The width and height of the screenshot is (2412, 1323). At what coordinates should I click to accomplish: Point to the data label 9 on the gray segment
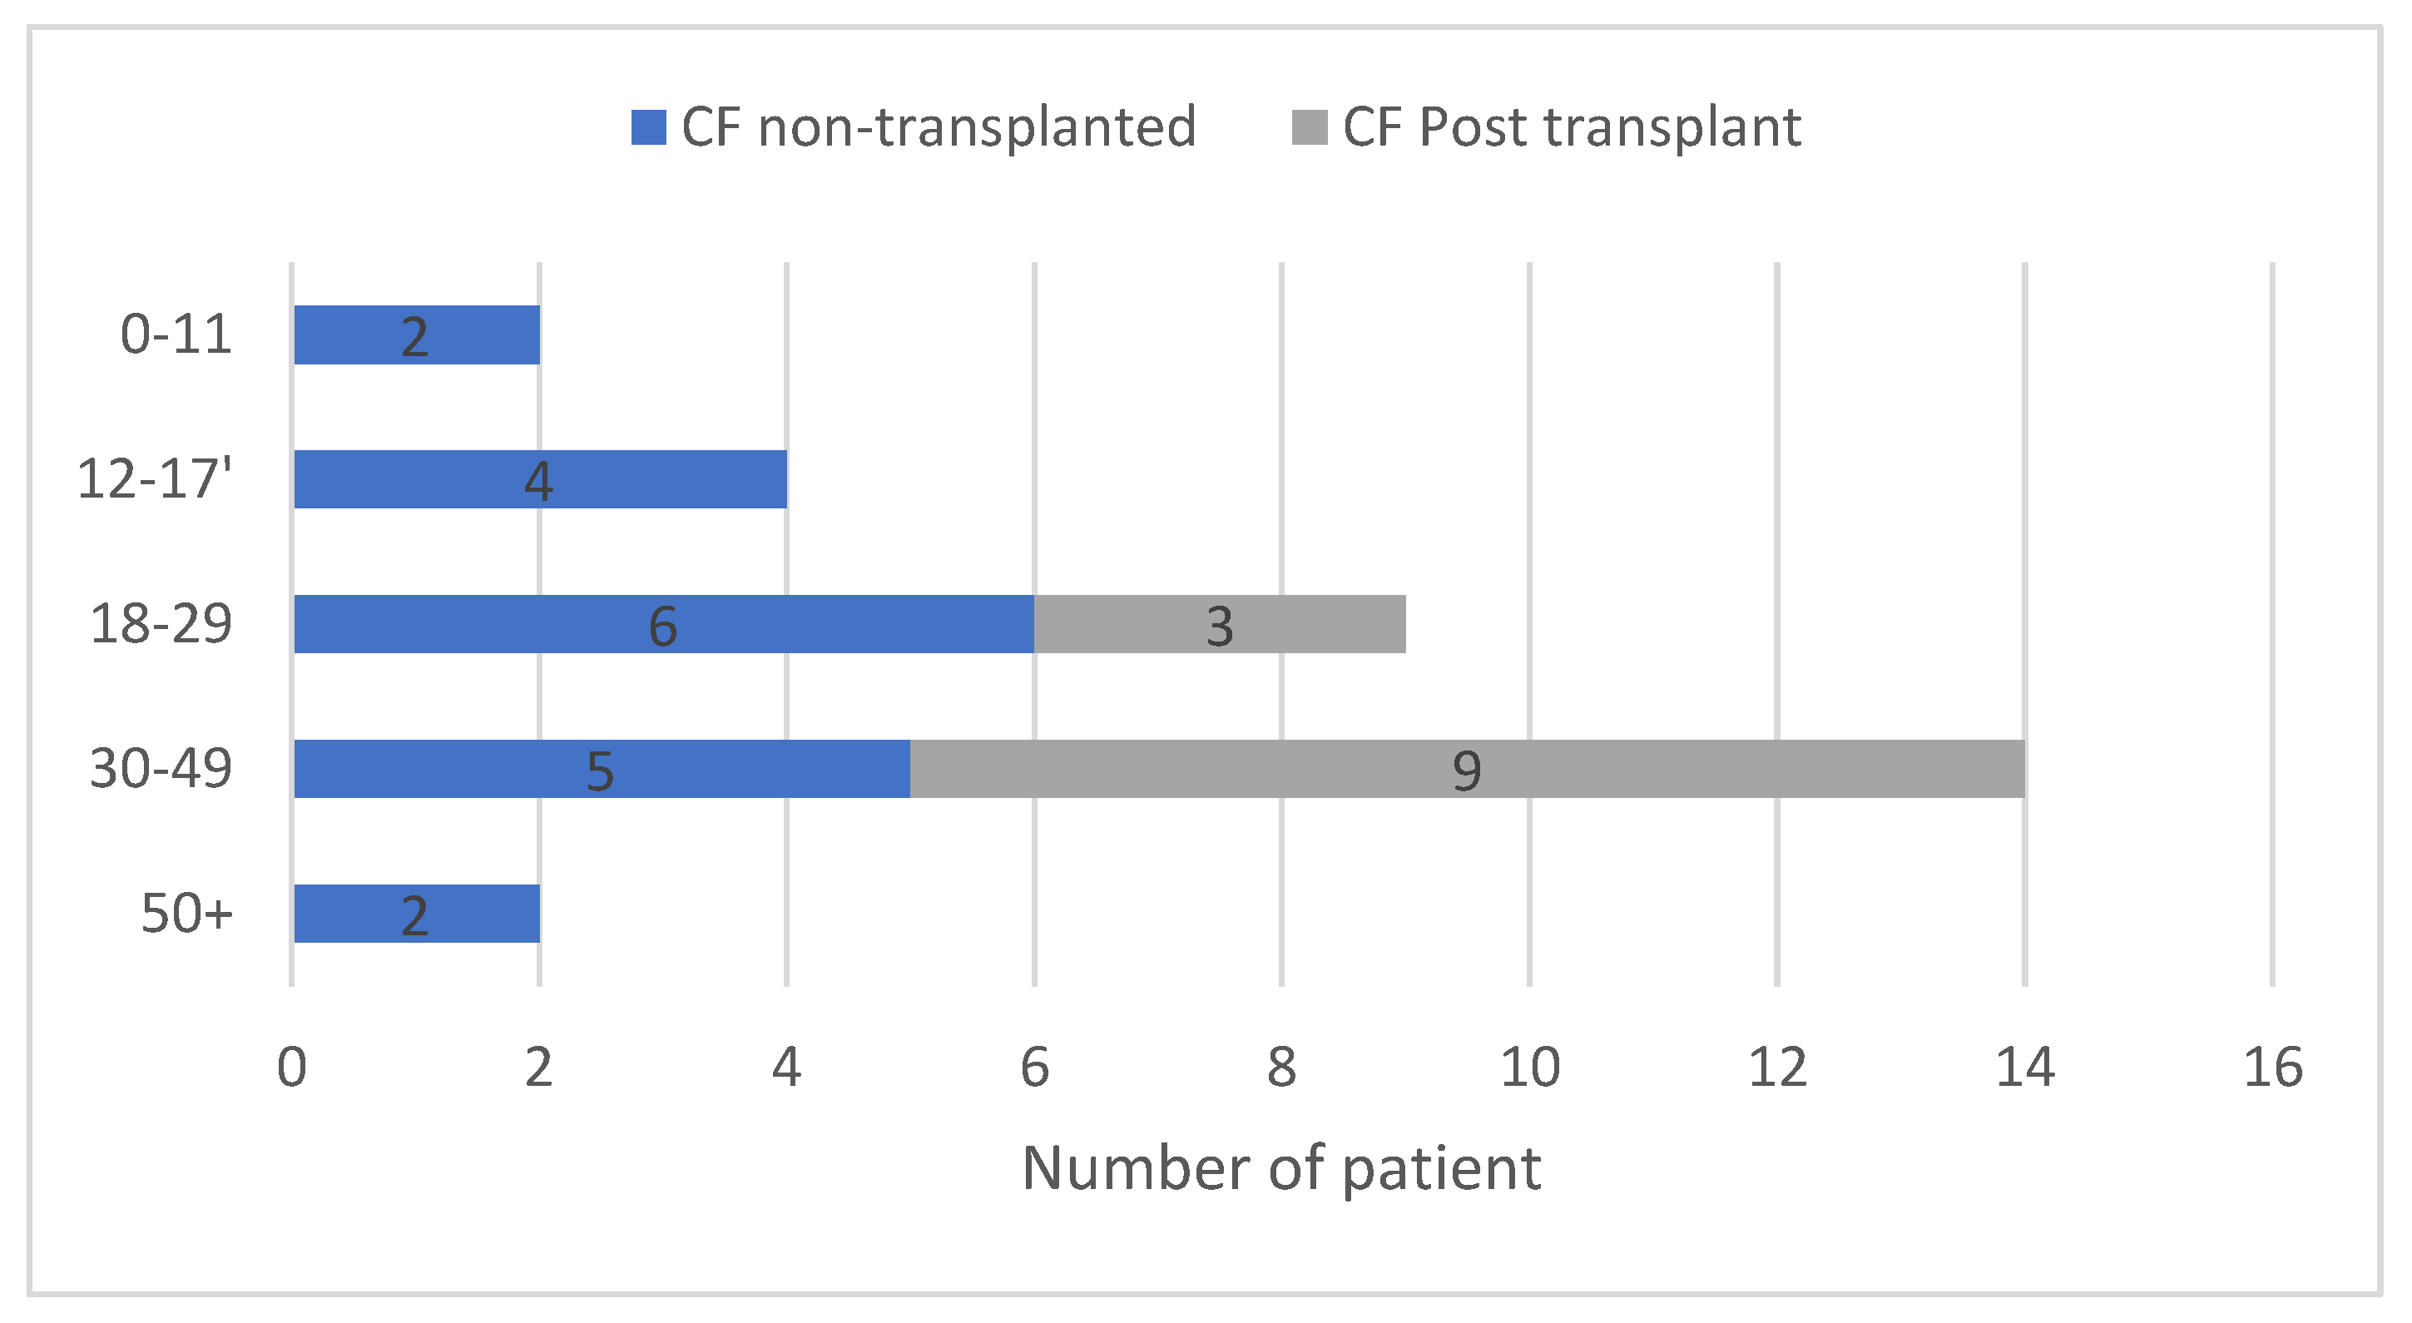coord(1466,771)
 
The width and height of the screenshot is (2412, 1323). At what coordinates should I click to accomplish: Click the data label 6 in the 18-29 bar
coord(663,627)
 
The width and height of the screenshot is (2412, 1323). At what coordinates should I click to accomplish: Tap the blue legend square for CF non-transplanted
coord(648,127)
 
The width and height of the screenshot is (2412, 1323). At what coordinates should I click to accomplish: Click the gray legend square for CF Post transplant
coord(1309,127)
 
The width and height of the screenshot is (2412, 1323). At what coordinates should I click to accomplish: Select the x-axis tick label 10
coord(1529,1068)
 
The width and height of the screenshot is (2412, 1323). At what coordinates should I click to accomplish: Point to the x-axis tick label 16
coord(2272,1068)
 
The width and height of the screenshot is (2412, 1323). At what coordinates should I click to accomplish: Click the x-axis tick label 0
coord(291,1068)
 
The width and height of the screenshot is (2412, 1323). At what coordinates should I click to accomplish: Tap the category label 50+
coord(186,913)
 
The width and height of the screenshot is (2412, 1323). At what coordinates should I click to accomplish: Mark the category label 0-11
coord(175,334)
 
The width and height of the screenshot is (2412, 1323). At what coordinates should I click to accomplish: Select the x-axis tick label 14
coord(2024,1068)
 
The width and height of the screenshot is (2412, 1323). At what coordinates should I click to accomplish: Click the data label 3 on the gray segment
coord(1219,627)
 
